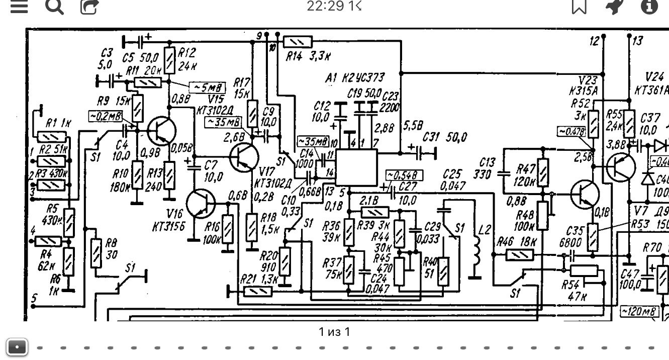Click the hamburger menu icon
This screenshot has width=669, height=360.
pos(19,7)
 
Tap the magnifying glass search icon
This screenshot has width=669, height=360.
pos(54,7)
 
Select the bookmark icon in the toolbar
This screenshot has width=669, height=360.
pos(579,7)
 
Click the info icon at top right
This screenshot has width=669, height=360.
pos(649,7)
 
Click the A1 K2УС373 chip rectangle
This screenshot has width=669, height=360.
pos(356,167)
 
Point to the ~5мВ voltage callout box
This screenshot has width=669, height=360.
pos(207,86)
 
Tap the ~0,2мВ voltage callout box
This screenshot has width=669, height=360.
pos(105,116)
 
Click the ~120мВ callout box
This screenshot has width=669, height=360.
pos(639,312)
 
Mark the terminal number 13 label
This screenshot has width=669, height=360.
pos(637,41)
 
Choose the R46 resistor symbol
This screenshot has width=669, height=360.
pos(516,256)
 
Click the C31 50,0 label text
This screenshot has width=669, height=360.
pos(445,137)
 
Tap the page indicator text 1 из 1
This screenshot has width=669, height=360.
pos(334,332)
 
